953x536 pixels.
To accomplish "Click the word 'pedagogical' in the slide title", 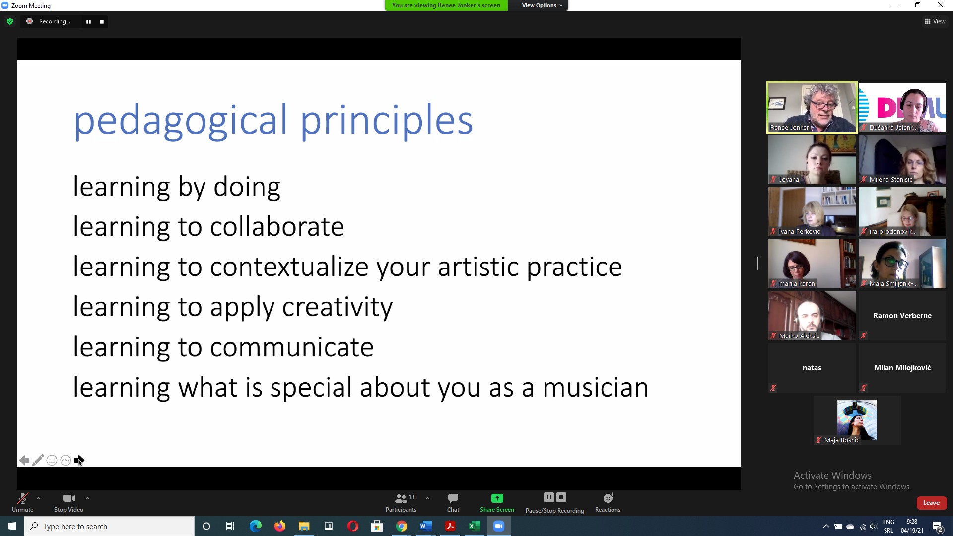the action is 181,121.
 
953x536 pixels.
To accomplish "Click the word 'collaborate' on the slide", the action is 277,227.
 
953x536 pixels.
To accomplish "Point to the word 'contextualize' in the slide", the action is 289,267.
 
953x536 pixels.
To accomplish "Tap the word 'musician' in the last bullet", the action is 596,388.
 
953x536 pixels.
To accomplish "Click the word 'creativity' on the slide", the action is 338,308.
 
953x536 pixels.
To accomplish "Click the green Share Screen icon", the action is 497,498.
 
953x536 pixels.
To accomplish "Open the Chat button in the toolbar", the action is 453,502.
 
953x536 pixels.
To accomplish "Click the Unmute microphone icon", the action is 23,498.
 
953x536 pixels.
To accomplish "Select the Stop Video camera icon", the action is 69,498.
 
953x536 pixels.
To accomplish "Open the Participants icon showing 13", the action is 401,498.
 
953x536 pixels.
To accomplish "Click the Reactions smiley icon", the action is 608,497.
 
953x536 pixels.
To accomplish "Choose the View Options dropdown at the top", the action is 542,5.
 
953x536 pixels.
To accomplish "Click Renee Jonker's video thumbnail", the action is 812,107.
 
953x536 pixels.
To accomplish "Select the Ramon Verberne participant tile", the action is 902,316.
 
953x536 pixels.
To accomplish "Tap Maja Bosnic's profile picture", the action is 857,420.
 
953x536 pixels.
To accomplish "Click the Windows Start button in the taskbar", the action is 12,526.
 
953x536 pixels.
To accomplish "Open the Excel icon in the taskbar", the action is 475,526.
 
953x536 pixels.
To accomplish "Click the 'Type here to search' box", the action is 109,526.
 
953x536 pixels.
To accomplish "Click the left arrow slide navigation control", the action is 24,461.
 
